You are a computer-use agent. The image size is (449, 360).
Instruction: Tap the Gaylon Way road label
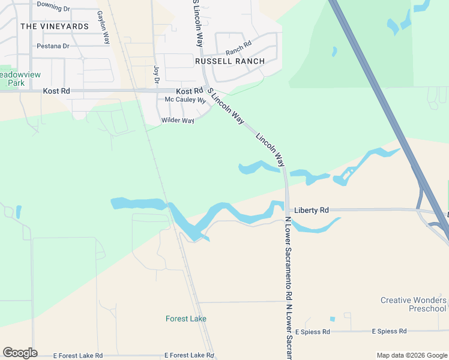pyautogui.click(x=103, y=27)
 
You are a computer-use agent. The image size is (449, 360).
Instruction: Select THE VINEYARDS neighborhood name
pyautogui.click(x=54, y=26)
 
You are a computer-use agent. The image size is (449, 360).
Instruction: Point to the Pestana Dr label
pyautogui.click(x=53, y=46)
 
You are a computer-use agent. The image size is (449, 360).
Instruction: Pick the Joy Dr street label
pyautogui.click(x=157, y=74)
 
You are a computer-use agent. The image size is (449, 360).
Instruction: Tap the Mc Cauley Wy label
pyautogui.click(x=185, y=100)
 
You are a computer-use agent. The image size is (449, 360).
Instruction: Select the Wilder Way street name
pyautogui.click(x=178, y=121)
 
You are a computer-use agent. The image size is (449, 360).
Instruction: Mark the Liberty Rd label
pyautogui.click(x=311, y=210)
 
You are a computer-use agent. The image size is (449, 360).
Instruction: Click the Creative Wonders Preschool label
pyautogui.click(x=414, y=304)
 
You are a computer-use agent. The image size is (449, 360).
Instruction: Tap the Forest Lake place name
pyautogui.click(x=186, y=319)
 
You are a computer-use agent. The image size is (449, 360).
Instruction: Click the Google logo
pyautogui.click(x=20, y=353)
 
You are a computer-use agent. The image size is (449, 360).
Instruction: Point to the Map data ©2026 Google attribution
pyautogui.click(x=411, y=355)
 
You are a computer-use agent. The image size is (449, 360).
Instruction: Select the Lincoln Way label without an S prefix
pyautogui.click(x=270, y=149)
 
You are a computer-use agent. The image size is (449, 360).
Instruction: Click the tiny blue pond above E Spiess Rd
pyautogui.click(x=332, y=319)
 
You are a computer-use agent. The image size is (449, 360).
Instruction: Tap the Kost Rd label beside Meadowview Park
pyautogui.click(x=56, y=91)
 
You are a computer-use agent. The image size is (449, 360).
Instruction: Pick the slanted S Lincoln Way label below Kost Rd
pyautogui.click(x=226, y=106)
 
